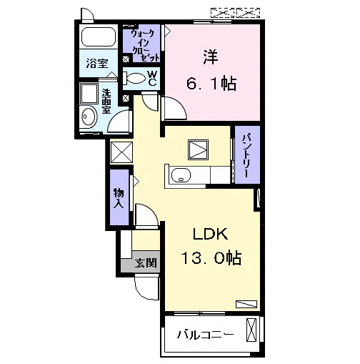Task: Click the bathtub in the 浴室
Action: pos(99,36)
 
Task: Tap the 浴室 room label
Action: pos(97,63)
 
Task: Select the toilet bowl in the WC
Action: pos(134,78)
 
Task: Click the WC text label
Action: pos(152,78)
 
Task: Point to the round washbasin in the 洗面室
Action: pos(89,117)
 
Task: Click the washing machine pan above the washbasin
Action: pos(89,94)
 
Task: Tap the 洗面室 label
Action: pos(106,102)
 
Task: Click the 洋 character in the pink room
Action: pos(211,57)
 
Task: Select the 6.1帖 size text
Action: pos(211,83)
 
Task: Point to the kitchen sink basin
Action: pos(181,175)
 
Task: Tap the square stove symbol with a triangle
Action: pos(198,149)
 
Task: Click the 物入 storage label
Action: pos(119,197)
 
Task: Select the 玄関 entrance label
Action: pos(146,263)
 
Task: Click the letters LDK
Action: pos(210,234)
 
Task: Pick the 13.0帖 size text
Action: pos(211,257)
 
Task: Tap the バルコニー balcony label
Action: pos(205,335)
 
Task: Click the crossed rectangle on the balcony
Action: pos(251,330)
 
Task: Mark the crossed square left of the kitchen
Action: pos(121,152)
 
